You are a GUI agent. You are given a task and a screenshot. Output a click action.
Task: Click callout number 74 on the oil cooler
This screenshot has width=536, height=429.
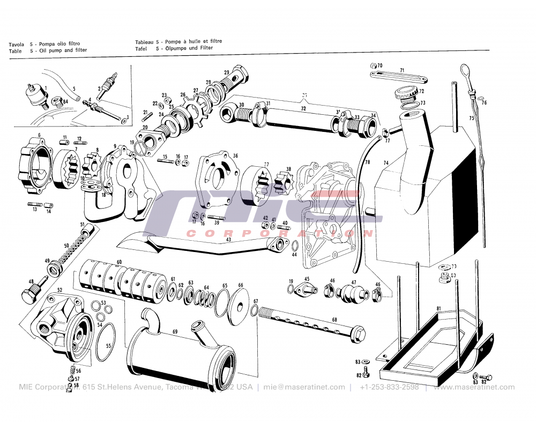[385, 162]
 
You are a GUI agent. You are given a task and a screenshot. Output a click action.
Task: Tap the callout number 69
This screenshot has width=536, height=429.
[175, 332]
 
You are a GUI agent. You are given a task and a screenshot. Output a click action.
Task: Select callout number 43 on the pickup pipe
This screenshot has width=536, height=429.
[228, 240]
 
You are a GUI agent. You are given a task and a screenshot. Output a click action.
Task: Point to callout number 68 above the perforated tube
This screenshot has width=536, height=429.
[334, 320]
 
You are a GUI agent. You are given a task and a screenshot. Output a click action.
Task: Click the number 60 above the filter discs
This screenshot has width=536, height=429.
[119, 262]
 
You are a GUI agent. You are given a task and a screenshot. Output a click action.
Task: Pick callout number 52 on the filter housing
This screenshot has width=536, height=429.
[59, 290]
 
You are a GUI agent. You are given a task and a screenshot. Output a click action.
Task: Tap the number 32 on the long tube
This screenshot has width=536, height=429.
[303, 108]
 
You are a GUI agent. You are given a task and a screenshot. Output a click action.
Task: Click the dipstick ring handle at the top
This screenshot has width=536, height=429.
[464, 69]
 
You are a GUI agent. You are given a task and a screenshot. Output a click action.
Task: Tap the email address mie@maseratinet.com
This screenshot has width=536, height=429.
[304, 387]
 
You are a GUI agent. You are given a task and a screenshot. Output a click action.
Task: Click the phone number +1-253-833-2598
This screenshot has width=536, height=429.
[389, 387]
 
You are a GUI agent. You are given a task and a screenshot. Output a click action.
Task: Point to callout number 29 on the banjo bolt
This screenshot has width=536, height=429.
[227, 73]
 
